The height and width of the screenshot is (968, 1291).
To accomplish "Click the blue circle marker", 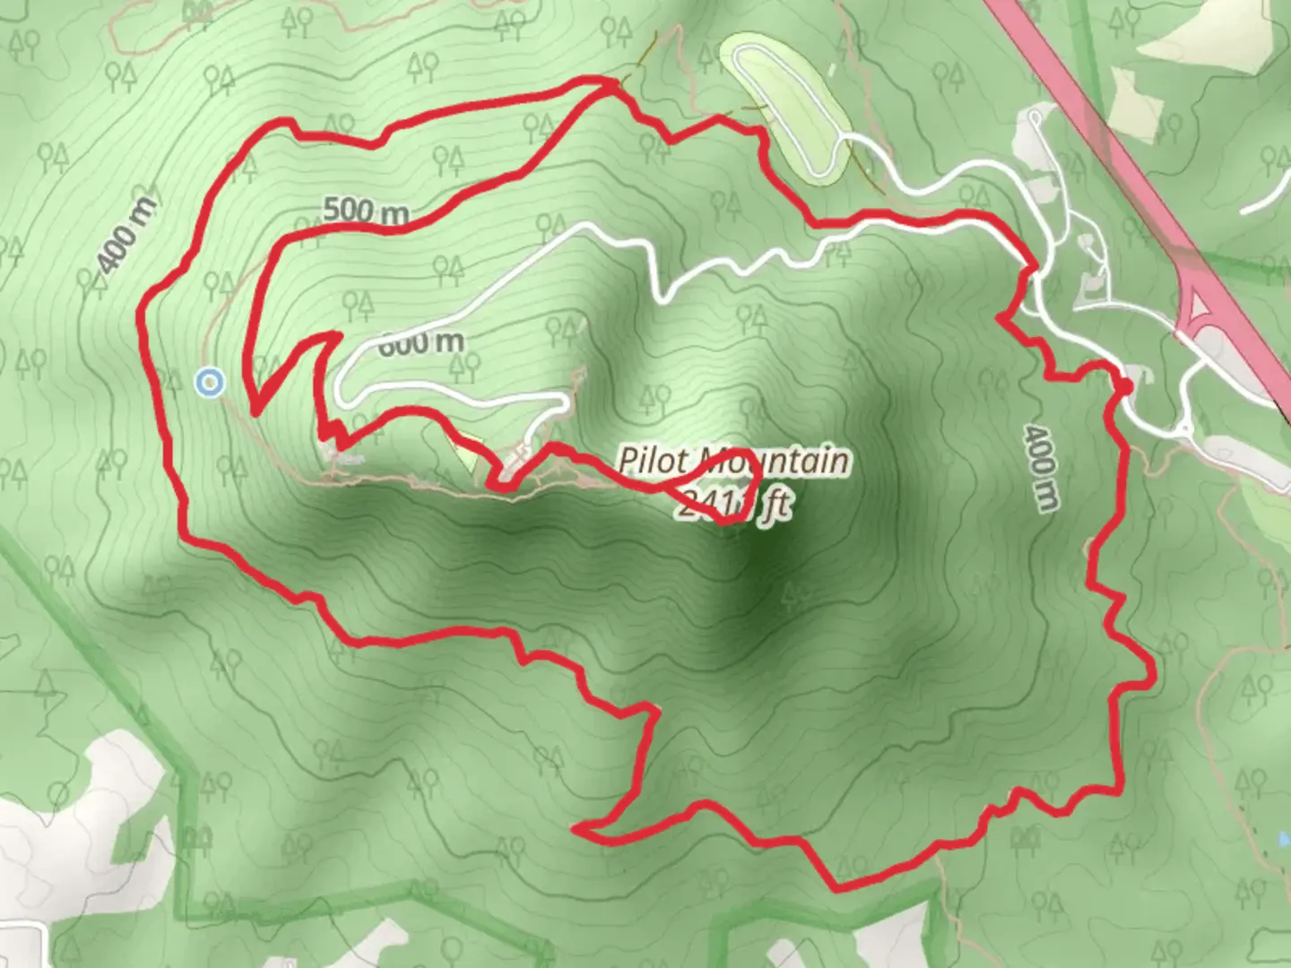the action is (210, 383).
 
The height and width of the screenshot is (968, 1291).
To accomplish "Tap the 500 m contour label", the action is (366, 212).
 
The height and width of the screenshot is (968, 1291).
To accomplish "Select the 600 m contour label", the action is (421, 341).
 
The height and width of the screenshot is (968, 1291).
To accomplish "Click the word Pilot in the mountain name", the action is (654, 462).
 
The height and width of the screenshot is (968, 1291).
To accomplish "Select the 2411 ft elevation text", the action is (733, 506).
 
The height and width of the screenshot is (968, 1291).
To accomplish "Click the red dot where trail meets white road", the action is (1123, 385).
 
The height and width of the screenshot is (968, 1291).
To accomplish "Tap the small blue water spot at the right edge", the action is (1283, 840).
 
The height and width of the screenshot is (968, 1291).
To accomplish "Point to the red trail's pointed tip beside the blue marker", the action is (256, 413).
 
